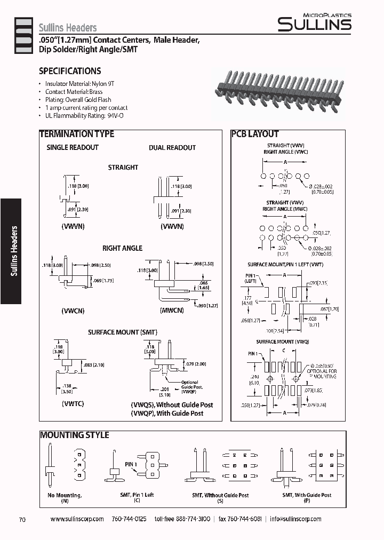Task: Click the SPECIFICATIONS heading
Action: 70,71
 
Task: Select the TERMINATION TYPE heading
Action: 77,134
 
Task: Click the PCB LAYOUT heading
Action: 255,134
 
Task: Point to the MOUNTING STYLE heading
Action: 75,435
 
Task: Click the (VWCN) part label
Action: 73,311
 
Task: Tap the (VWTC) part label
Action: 73,403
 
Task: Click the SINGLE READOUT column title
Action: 73,147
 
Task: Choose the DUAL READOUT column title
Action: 172,147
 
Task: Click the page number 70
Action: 22,519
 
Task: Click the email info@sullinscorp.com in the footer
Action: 295,519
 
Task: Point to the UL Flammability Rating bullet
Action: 84,115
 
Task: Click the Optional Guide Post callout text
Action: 190,385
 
